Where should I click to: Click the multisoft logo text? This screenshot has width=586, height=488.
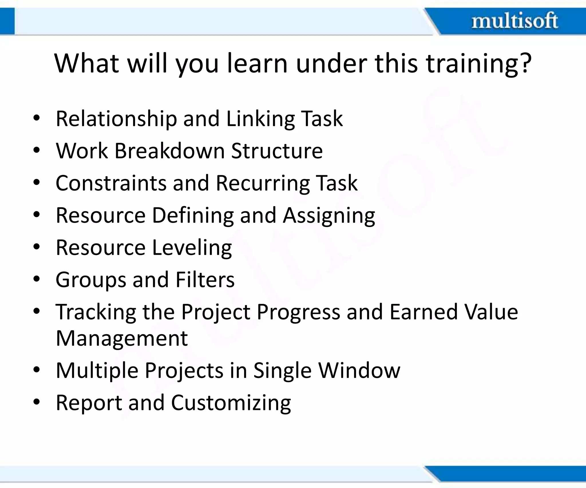point(514,21)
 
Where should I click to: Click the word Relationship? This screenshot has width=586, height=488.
point(116,119)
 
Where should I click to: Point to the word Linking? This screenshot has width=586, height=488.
point(260,119)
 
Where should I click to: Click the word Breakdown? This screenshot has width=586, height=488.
point(170,151)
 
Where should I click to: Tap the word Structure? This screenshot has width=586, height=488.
point(277,151)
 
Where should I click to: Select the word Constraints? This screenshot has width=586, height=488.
point(111,183)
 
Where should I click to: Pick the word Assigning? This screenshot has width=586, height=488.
point(329,216)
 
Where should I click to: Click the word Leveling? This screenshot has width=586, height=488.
point(192,248)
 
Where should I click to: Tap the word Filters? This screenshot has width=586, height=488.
point(205,280)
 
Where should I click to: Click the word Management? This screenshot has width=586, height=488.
point(122,338)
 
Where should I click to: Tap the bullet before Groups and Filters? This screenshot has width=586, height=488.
point(36,279)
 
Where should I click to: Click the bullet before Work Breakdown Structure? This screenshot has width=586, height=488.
point(36,150)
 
